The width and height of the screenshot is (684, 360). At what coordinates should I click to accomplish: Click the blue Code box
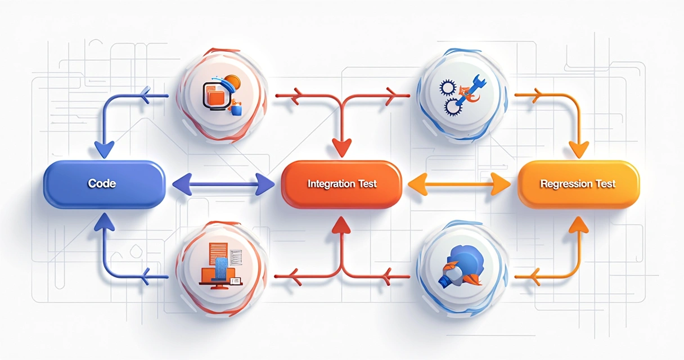[x=104, y=184]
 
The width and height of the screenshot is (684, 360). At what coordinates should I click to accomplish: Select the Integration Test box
[x=341, y=184]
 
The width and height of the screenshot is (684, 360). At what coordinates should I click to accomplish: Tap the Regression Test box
[x=579, y=184]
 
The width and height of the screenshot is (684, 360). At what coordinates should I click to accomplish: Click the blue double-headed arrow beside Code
[x=223, y=184]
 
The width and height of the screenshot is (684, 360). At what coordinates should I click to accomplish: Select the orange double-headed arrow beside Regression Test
[x=460, y=184]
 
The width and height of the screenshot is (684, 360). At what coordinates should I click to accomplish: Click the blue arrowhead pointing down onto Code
[x=105, y=150]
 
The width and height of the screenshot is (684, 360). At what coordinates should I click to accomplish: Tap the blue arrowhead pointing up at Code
[x=105, y=222]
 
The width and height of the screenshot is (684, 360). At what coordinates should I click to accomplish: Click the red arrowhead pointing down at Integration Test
[x=341, y=148]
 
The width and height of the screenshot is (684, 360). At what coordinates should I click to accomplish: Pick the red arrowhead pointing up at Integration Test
[x=341, y=226]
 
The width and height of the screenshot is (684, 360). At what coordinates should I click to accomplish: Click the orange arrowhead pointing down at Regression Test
[x=579, y=150]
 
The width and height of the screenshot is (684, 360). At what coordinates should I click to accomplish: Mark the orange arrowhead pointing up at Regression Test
[x=579, y=226]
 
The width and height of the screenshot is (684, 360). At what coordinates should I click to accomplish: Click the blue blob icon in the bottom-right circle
[x=462, y=265]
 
